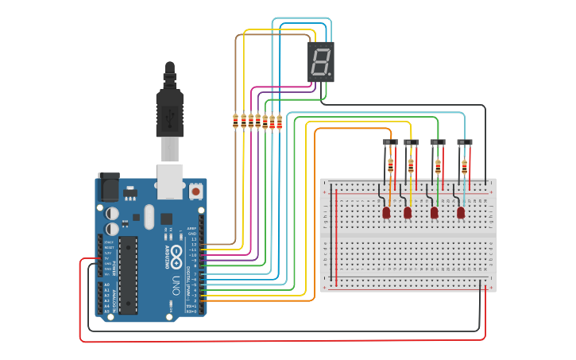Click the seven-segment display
pos(321,62)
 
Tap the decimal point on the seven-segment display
pos(330,75)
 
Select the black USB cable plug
pos(170,107)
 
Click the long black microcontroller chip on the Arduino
pos(127,274)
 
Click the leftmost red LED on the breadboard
pos(386,212)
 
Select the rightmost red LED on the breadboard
pos(461,212)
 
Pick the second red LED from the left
pos(408,212)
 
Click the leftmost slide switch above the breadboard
pos(390,143)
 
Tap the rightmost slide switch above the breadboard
pos(464,143)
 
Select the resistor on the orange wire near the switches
pos(390,165)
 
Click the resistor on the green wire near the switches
pos(438,166)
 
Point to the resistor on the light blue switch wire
pos(465,167)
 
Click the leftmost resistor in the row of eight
pos(235,121)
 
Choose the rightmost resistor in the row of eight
pos(280,122)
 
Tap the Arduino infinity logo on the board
pos(177,253)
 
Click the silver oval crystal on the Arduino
pos(149,216)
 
